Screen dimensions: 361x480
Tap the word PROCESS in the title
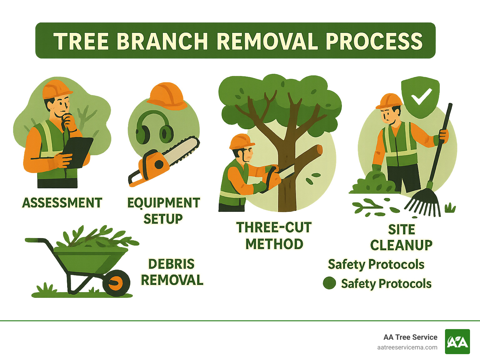tap(374, 41)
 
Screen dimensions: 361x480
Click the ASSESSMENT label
tap(62, 203)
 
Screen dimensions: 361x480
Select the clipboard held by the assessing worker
tap(78, 152)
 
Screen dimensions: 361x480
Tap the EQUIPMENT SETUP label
tap(163, 211)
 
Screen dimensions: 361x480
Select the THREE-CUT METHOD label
tap(274, 236)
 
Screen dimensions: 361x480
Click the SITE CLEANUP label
tap(402, 237)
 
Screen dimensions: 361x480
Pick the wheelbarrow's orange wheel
tap(116, 283)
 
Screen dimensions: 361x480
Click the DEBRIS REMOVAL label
tap(172, 272)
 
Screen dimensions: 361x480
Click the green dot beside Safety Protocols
tap(329, 283)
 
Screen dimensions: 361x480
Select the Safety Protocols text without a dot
tap(376, 264)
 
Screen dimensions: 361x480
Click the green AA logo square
tap(457, 342)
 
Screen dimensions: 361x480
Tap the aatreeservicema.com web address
tap(407, 347)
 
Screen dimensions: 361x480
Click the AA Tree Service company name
tap(410, 337)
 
